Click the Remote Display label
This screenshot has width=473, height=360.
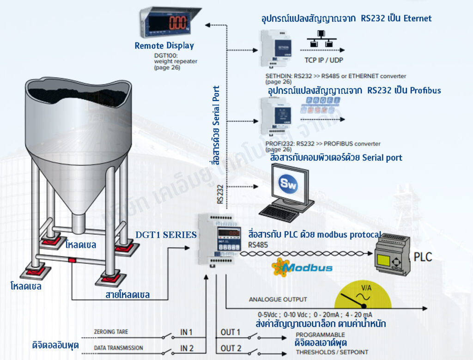pos(164,46)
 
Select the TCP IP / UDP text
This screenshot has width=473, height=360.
pos(324,60)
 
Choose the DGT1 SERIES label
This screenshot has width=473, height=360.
pos(166,235)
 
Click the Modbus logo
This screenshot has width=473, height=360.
pos(302,268)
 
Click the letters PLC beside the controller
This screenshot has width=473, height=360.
pos(423,256)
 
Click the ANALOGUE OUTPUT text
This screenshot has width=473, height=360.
pos(278,299)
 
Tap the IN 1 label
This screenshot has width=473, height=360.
pos(186,332)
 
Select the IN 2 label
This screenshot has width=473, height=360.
pos(186,348)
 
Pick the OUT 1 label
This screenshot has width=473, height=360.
pos(230,332)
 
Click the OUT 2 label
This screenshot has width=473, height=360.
pos(230,348)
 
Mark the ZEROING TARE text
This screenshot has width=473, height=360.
pos(111,332)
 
